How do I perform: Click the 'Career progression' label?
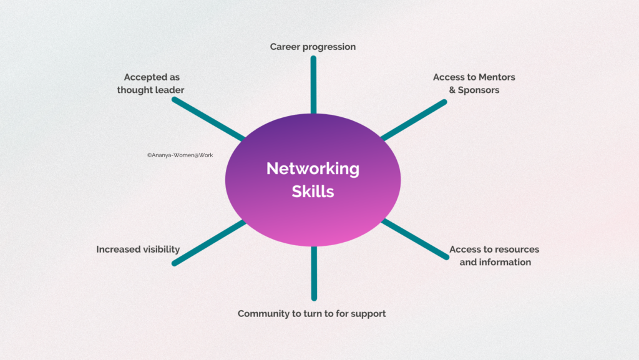(x=313, y=47)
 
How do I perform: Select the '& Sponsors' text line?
(x=474, y=90)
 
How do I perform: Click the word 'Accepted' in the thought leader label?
(x=144, y=77)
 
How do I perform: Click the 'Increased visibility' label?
(x=138, y=250)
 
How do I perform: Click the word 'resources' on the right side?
(x=518, y=250)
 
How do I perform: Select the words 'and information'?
(x=495, y=262)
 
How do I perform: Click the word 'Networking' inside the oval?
(x=313, y=168)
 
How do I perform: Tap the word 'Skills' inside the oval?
(x=313, y=192)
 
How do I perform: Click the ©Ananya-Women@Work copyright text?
(x=180, y=155)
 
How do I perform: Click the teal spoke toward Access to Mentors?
(x=414, y=119)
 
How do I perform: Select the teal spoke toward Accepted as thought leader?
(x=208, y=119)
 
